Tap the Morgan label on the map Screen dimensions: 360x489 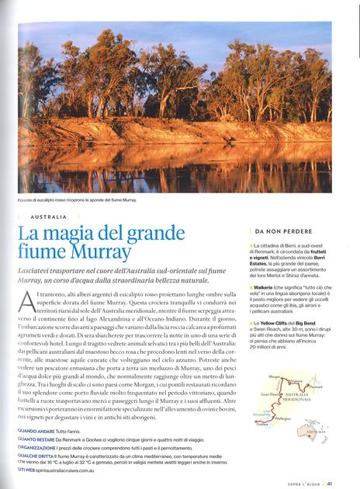click(274, 376)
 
